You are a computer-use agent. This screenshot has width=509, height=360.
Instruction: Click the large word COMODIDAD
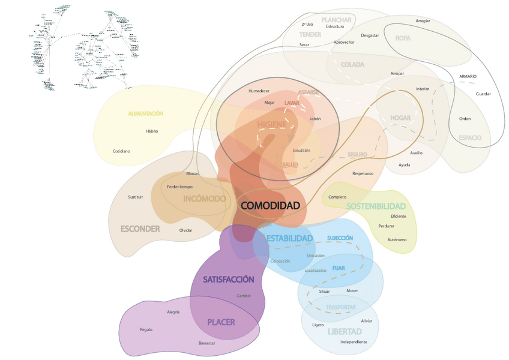(270, 205)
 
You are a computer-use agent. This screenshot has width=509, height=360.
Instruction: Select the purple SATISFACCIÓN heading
(228, 280)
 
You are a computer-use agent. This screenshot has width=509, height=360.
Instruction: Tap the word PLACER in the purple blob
(221, 322)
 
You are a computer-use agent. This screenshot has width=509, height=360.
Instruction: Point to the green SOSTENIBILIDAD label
(376, 206)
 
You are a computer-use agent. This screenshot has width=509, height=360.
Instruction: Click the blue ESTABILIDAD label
(289, 238)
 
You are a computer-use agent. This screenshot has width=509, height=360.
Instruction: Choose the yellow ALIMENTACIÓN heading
(145, 113)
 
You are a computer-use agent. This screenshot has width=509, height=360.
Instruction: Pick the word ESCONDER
(140, 229)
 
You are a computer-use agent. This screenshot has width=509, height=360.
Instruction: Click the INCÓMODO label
(205, 199)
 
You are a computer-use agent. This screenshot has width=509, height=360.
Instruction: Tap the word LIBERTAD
(345, 331)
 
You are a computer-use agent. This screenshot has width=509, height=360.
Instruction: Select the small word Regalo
(146, 329)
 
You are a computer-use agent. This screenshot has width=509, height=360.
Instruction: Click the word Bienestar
(206, 343)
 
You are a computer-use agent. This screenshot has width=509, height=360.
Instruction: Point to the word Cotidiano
(121, 151)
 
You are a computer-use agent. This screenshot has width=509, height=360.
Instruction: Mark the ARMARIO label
(468, 76)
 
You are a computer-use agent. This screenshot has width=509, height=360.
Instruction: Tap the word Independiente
(353, 342)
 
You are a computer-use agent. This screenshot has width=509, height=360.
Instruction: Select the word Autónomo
(397, 239)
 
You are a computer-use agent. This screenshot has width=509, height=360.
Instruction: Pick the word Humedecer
(259, 91)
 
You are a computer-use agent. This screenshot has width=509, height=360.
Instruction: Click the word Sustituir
(135, 197)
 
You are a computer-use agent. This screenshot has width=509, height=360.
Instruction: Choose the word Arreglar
(423, 21)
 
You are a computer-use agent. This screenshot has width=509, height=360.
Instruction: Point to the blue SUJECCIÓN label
(340, 238)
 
